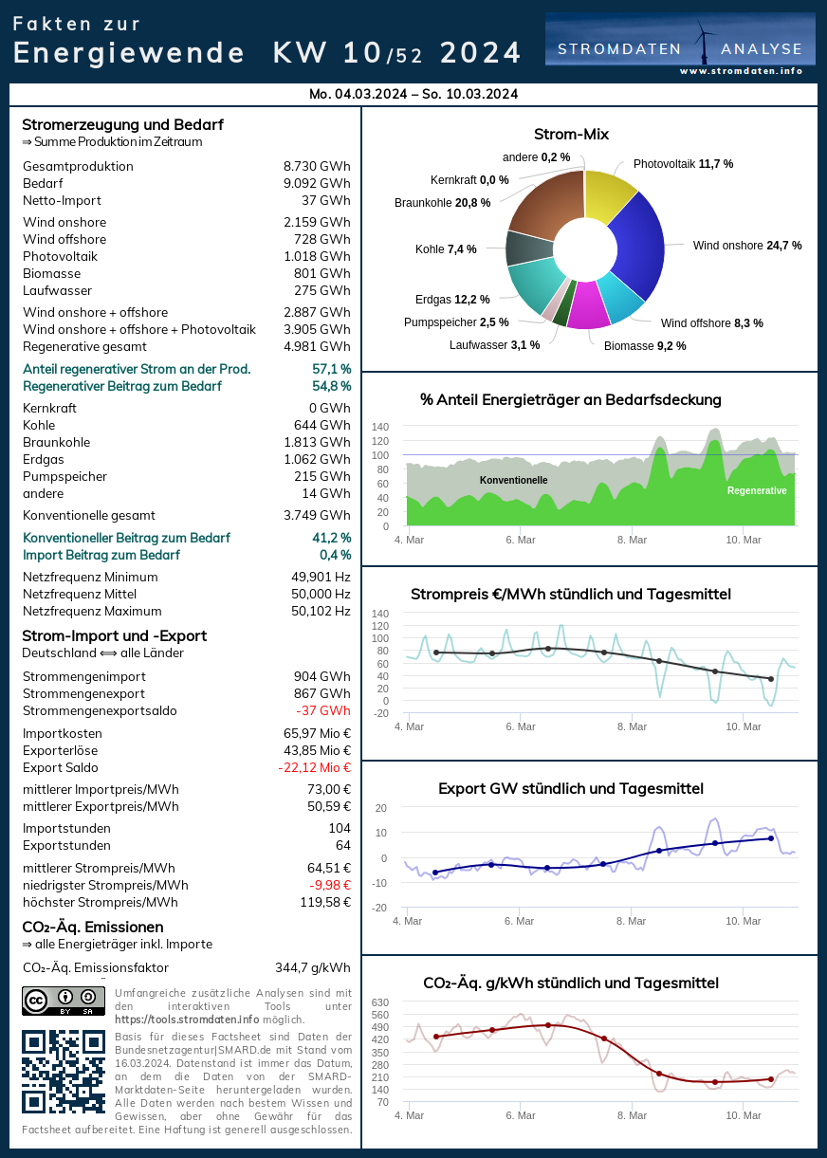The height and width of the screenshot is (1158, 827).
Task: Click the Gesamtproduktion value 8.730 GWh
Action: pos(317,167)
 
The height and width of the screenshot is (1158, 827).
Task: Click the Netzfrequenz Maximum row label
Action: pos(92,612)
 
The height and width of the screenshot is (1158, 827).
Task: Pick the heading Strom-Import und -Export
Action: pos(114,636)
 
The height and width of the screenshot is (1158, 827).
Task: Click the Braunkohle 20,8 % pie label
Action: pos(442,203)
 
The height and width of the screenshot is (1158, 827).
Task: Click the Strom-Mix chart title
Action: pos(571,135)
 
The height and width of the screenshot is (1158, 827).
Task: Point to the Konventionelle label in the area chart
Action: pos(513,481)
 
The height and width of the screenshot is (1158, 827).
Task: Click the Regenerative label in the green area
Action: pos(757,491)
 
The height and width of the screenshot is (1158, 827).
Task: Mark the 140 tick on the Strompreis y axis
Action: pos(379,614)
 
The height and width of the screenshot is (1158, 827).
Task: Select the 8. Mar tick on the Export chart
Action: pos(632,921)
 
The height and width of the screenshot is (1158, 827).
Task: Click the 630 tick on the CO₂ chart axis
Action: pos(379,1002)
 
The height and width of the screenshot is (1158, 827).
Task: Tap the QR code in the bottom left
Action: pos(63,1072)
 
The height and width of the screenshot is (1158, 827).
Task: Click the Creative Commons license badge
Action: pos(63,1001)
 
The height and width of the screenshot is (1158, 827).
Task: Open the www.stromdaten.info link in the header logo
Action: pos(741,71)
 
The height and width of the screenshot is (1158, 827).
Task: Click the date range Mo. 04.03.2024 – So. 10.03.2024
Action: pos(413,94)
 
